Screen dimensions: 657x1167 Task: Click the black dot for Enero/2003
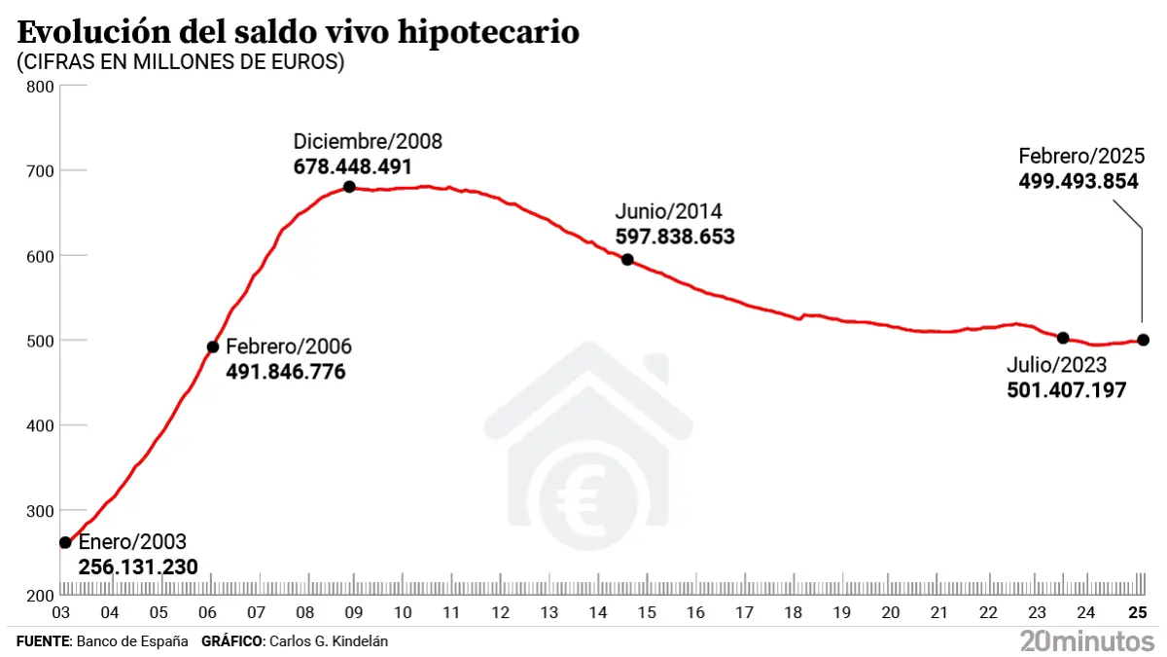(65, 542)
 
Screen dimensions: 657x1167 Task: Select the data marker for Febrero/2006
(213, 347)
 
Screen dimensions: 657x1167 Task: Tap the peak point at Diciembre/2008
(349, 187)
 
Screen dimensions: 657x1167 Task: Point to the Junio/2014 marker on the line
(627, 260)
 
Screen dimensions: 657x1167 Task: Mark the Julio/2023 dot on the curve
(1063, 338)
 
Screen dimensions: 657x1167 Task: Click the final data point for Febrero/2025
(1143, 340)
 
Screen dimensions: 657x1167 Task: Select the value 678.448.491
(353, 166)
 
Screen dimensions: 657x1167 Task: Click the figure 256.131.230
(138, 566)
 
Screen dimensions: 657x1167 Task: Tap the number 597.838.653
(675, 237)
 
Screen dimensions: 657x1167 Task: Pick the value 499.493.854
(1079, 181)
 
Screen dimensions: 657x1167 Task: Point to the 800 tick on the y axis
(40, 87)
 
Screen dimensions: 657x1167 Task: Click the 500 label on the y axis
(40, 341)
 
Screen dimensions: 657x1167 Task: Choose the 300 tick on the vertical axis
(40, 511)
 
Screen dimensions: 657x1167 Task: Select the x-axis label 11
(451, 613)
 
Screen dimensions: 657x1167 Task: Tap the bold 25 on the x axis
(1137, 613)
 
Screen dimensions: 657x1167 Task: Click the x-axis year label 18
(794, 613)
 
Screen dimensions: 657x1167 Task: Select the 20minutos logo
(1087, 640)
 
